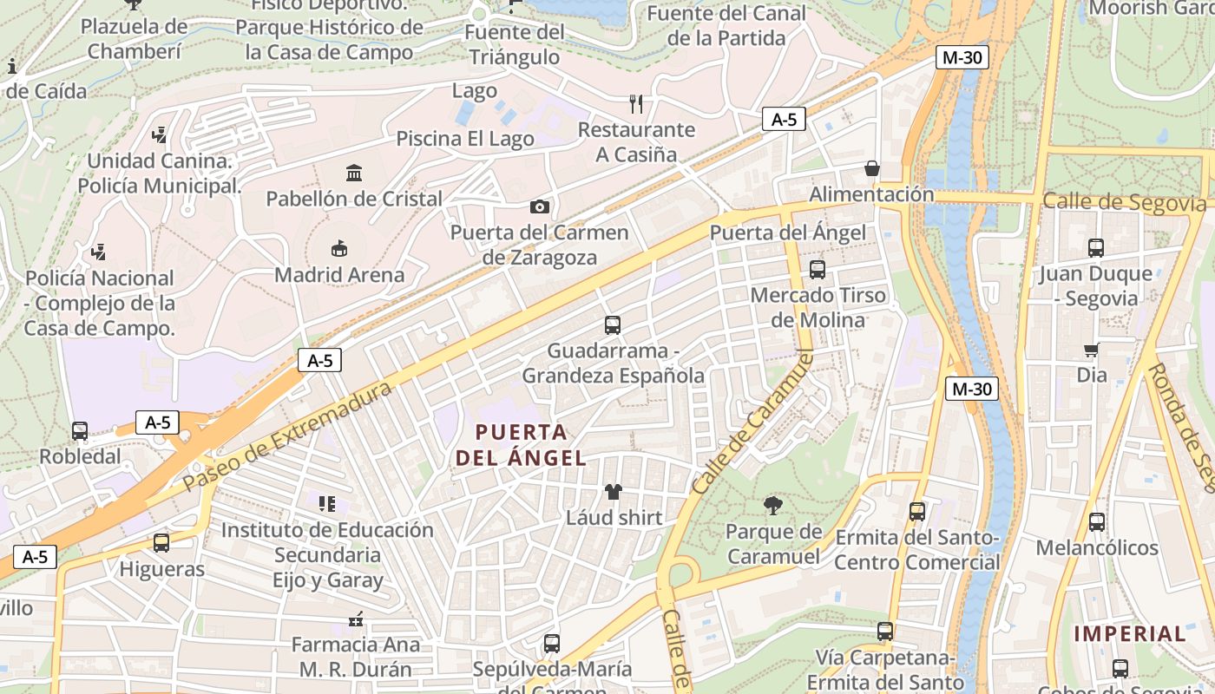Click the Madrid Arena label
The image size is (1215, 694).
click(339, 275)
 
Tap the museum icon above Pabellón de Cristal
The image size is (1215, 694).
click(354, 173)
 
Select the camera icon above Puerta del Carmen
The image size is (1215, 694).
click(539, 206)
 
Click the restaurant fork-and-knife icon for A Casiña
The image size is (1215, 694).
click(636, 104)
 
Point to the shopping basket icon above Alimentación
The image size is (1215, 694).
click(872, 168)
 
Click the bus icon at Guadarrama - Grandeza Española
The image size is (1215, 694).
click(613, 325)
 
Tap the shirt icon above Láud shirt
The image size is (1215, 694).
click(614, 492)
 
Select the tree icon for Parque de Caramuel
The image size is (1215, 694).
click(772, 505)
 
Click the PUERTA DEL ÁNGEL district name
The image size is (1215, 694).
click(522, 445)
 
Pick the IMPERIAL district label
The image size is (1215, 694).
click(1130, 634)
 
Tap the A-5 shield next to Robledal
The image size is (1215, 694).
click(157, 422)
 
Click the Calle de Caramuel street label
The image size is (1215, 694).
click(754, 422)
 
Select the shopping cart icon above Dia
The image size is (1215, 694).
click(1092, 350)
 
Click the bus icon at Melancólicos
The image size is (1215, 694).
click(1097, 522)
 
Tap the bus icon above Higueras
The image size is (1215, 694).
click(161, 543)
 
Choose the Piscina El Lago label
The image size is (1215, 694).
click(465, 139)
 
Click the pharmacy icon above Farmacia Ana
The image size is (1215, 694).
click(355, 619)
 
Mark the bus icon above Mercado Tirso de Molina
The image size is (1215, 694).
click(818, 270)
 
